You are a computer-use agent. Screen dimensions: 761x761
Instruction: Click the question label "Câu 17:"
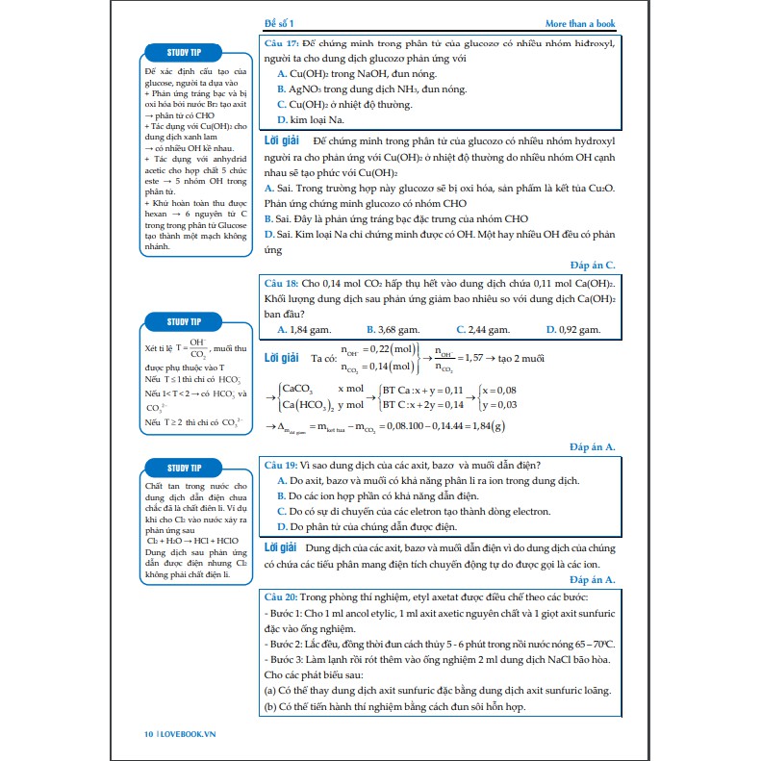click(x=282, y=43)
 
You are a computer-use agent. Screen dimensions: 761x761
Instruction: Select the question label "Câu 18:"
click(x=282, y=285)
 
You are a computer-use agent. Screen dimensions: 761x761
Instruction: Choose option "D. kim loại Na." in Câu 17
click(x=310, y=120)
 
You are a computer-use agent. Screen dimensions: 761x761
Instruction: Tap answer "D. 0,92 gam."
click(x=574, y=329)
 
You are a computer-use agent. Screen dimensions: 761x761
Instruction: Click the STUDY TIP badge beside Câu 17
click(x=185, y=52)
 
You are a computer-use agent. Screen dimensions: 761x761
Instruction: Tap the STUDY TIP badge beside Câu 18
click(x=185, y=321)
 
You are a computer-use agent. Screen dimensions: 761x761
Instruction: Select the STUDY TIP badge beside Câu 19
click(x=185, y=469)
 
